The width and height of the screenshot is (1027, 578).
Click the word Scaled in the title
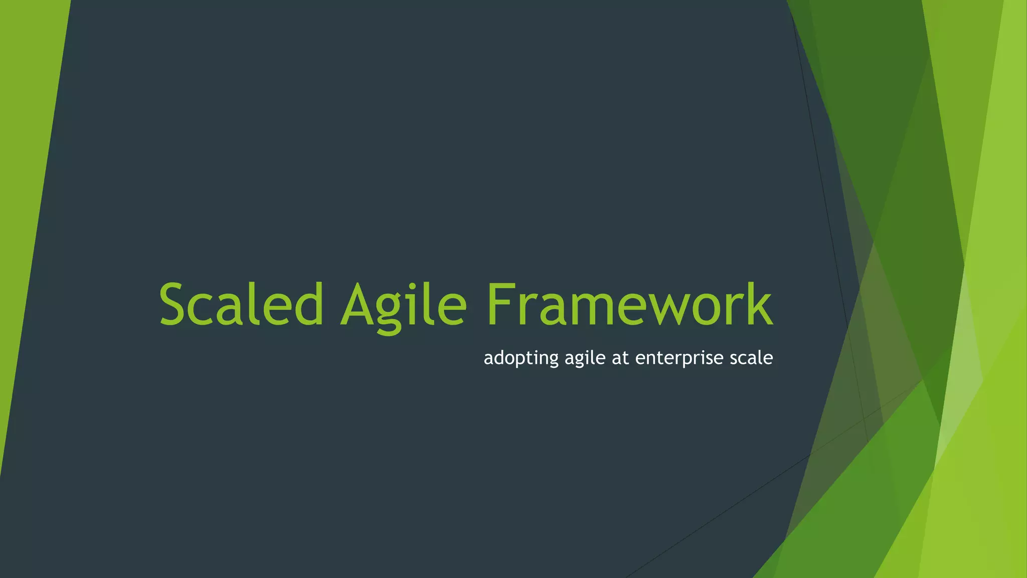pyautogui.click(x=241, y=305)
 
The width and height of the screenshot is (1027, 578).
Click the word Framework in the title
pyautogui.click(x=629, y=305)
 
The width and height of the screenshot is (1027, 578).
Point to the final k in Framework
pyautogui.click(x=758, y=305)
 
